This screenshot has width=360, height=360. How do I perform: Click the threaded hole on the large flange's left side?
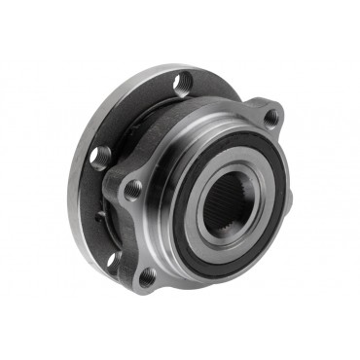(x=99, y=154)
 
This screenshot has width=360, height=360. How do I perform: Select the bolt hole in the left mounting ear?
(x=133, y=188)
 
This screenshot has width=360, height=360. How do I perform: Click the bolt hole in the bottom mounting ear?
(x=147, y=277)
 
